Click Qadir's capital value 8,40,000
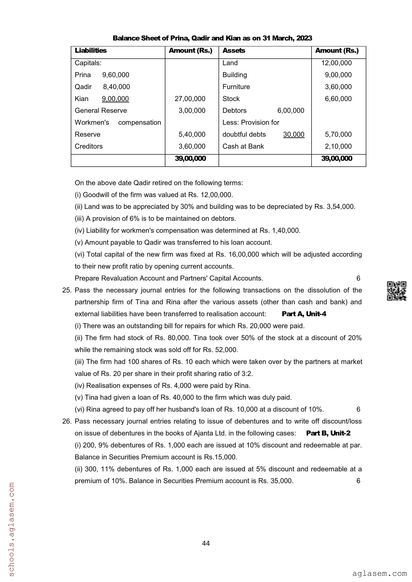click(116, 87)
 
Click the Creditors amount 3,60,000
click(192, 146)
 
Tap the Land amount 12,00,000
click(336, 63)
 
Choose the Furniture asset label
click(236, 87)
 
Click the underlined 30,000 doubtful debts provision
click(294, 134)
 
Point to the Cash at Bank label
click(243, 146)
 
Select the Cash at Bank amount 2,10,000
click(338, 146)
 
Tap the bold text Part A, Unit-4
click(304, 314)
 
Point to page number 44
click(206, 543)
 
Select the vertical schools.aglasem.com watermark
click(11, 529)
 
